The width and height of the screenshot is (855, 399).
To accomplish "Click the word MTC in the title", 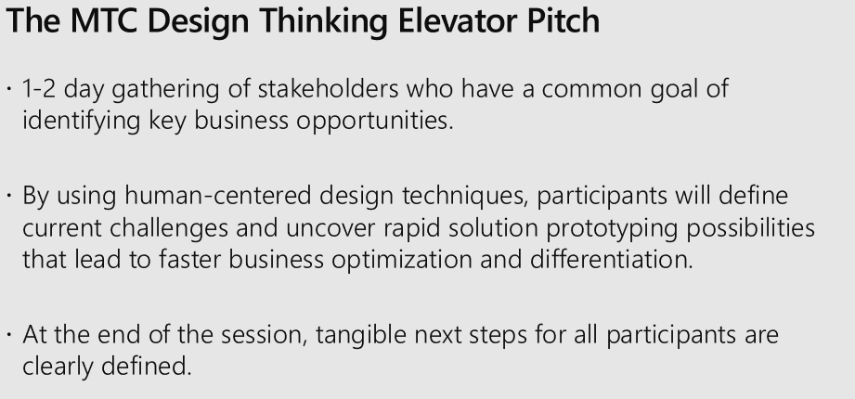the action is point(104,20).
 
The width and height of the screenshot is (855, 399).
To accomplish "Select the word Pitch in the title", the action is point(564,20).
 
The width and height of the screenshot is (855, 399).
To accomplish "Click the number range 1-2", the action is point(39,88).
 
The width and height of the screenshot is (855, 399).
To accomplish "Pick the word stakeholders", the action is point(329,88).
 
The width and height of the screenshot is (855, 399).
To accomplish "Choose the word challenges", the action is point(169,229).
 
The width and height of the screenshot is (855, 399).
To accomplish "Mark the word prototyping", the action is point(612,230).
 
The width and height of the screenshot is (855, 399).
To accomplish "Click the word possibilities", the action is point(750,229).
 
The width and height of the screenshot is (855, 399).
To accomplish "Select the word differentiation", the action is point(611,258).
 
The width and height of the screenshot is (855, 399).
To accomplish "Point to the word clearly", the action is point(58,367).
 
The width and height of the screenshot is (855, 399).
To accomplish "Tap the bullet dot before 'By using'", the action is point(9,195).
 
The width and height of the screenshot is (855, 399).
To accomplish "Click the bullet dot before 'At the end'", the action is point(9,334).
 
